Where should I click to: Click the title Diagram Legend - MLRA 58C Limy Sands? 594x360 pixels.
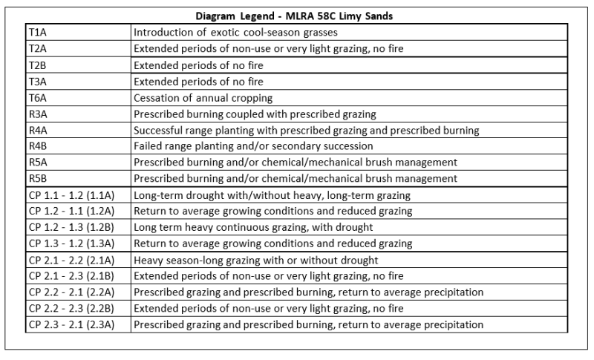coord(296,15)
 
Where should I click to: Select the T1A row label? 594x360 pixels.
coord(37,32)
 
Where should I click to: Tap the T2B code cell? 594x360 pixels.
coord(37,65)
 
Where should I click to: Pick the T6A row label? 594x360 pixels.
coord(37,97)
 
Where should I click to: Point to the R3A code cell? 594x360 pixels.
coord(37,114)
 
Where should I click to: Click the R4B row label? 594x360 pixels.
coord(37,146)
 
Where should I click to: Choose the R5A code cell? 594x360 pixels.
coord(37,162)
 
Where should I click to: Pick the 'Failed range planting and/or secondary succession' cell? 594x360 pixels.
coord(252,146)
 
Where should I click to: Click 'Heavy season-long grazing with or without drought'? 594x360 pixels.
coord(255,260)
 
